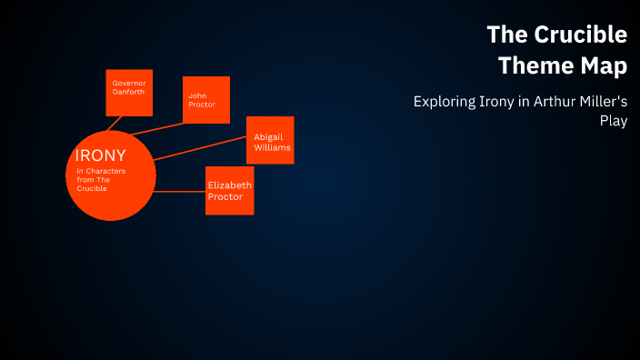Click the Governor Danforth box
(x=129, y=93)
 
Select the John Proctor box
(x=206, y=99)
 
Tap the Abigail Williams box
(x=270, y=140)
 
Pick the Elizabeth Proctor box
(x=229, y=191)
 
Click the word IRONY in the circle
(x=101, y=155)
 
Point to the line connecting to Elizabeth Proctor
(x=180, y=192)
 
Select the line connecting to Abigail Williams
(x=200, y=148)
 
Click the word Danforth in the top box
(x=128, y=92)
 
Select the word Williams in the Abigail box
(x=270, y=145)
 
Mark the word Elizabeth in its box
(x=230, y=185)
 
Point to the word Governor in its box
(x=128, y=83)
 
